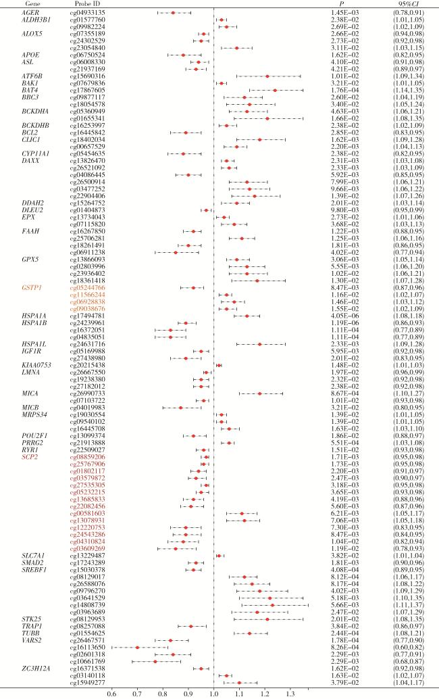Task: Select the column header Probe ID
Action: point(85,4)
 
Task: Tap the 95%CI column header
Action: point(410,4)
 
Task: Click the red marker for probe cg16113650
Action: point(138,648)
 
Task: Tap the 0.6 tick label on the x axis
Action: point(111,692)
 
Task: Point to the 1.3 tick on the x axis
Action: point(290,692)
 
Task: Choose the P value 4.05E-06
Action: point(344,316)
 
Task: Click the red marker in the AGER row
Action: point(173,13)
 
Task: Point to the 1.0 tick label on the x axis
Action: point(214,692)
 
